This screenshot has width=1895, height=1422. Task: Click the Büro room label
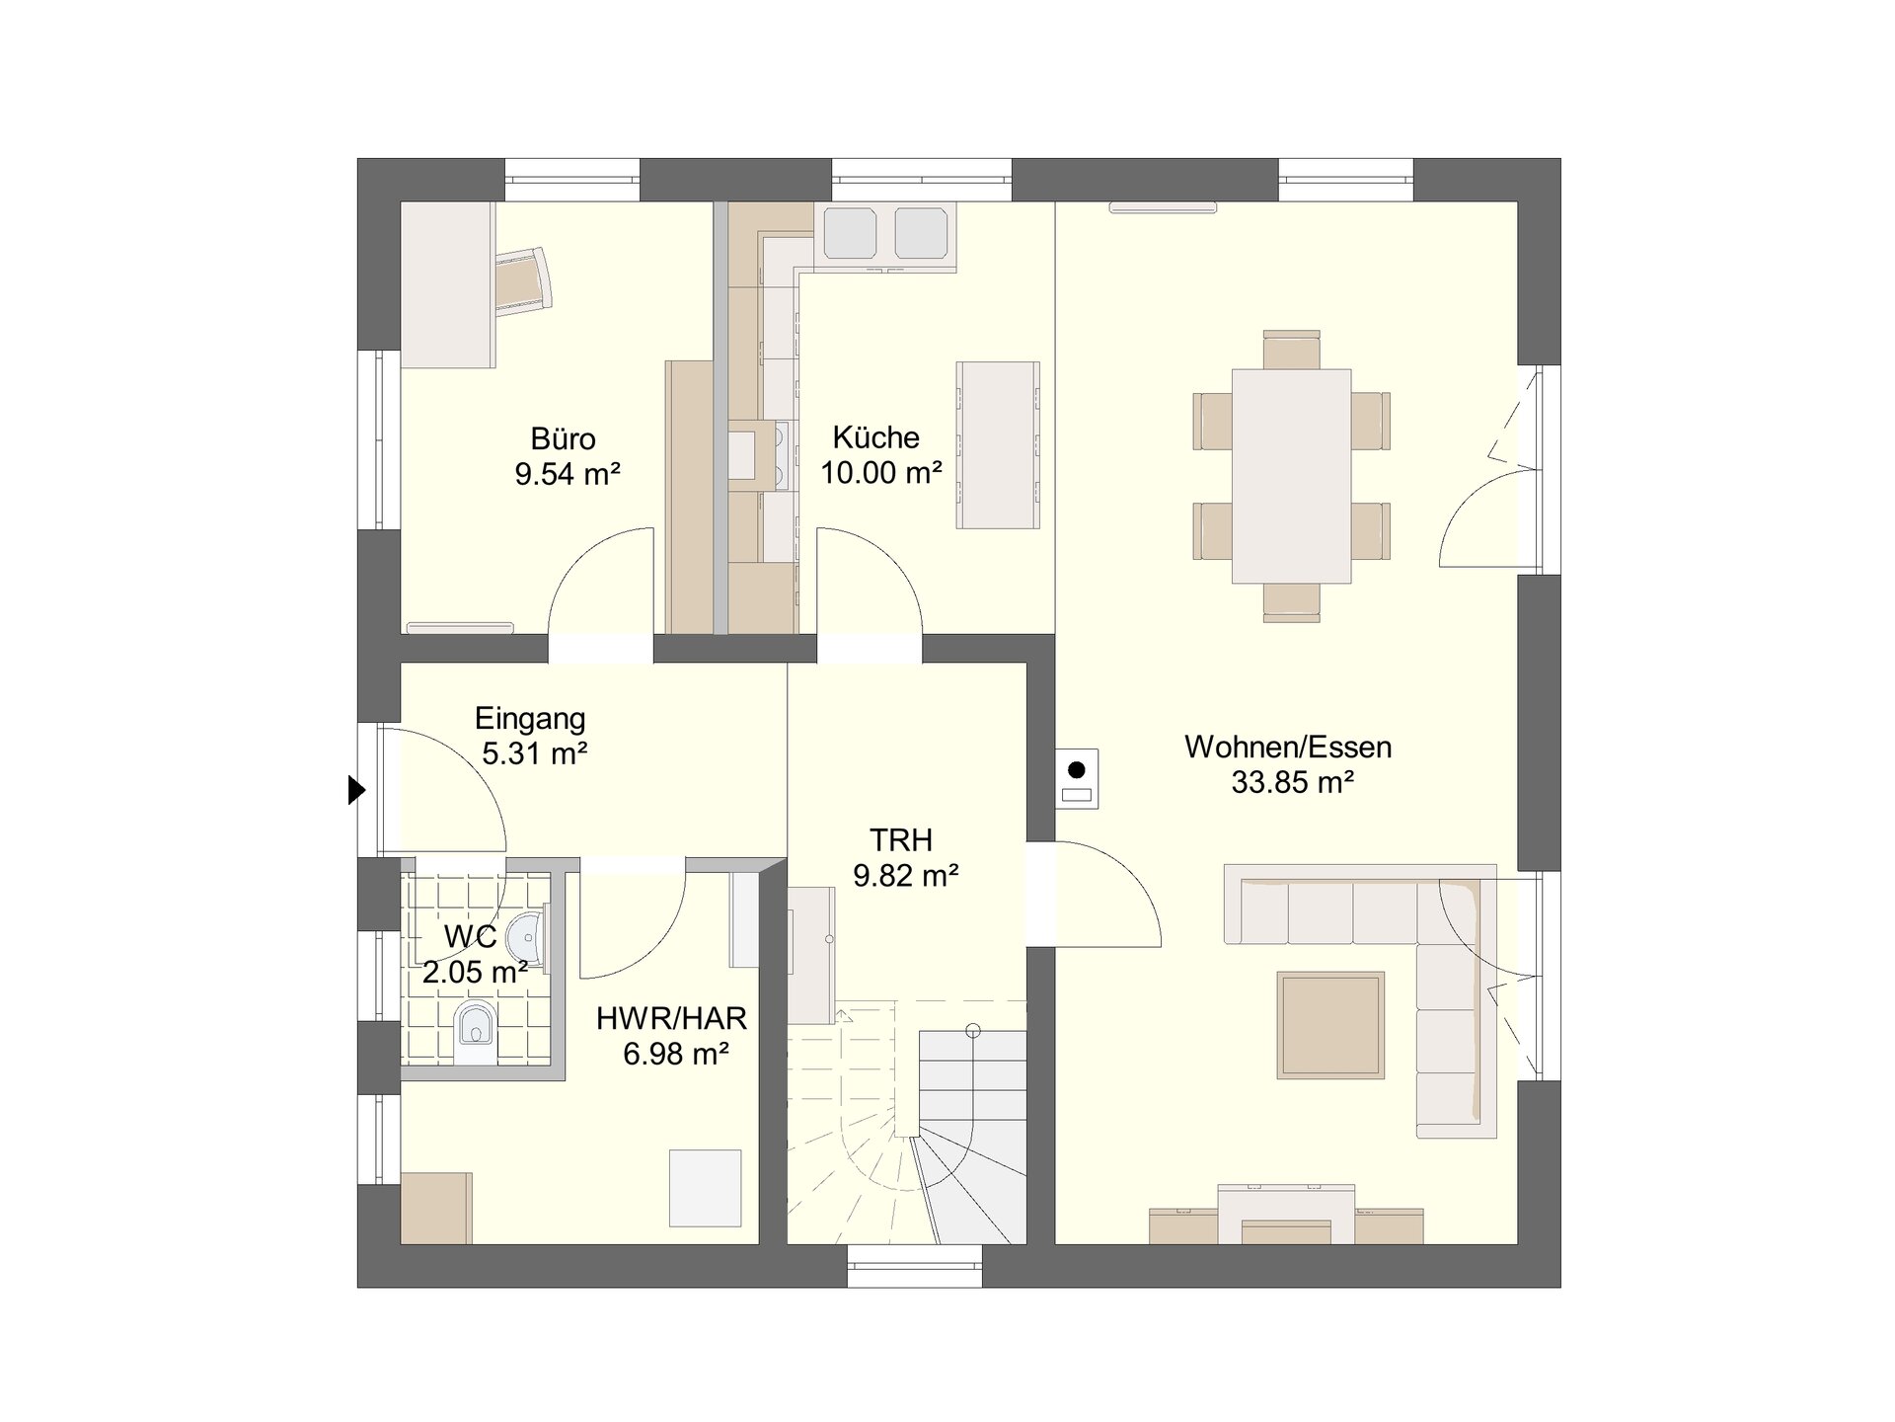[563, 438]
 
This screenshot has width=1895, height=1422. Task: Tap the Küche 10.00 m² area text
[881, 473]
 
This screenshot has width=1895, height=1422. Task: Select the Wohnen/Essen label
[1288, 747]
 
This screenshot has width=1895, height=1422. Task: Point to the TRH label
[901, 840]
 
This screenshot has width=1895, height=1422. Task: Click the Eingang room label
[530, 719]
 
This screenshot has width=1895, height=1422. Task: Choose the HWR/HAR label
[671, 1018]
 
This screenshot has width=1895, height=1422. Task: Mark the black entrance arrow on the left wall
[356, 790]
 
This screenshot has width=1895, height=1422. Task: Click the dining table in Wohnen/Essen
[1291, 476]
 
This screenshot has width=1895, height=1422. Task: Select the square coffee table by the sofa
[1329, 1024]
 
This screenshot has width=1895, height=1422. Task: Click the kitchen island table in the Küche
[997, 444]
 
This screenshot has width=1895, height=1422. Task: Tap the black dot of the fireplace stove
[1078, 769]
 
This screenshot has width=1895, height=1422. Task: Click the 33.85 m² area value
[1292, 783]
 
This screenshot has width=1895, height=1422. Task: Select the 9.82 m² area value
[906, 876]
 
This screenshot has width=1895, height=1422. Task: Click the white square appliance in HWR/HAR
[705, 1188]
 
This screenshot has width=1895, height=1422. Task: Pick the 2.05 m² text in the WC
[475, 973]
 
